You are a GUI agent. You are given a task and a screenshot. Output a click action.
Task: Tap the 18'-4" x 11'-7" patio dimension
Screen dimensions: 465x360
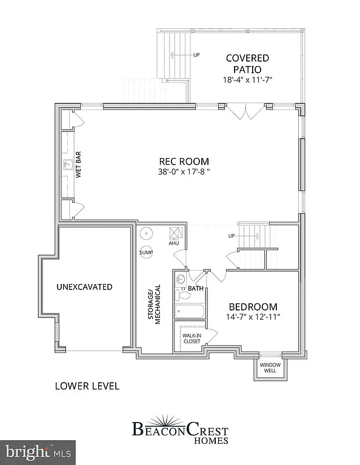[x=247, y=79]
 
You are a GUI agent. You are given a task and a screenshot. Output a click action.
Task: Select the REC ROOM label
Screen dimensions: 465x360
[x=184, y=161]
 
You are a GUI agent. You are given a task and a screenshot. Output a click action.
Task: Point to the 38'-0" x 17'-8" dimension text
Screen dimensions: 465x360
[x=184, y=171]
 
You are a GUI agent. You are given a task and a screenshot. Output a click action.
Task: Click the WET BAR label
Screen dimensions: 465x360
[x=78, y=164]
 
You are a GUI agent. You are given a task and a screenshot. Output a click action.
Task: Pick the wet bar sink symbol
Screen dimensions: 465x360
[x=68, y=164]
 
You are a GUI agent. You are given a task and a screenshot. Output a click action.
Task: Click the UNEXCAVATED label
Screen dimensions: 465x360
[x=85, y=286]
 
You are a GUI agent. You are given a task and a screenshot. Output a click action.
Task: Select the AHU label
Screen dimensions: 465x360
[x=174, y=243]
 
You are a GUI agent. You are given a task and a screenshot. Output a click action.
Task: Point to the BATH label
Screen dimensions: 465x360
[x=195, y=289]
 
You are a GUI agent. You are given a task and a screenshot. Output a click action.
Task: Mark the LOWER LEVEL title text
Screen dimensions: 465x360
[x=87, y=386]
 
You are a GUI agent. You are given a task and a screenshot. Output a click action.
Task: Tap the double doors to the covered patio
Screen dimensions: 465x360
[x=245, y=110]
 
